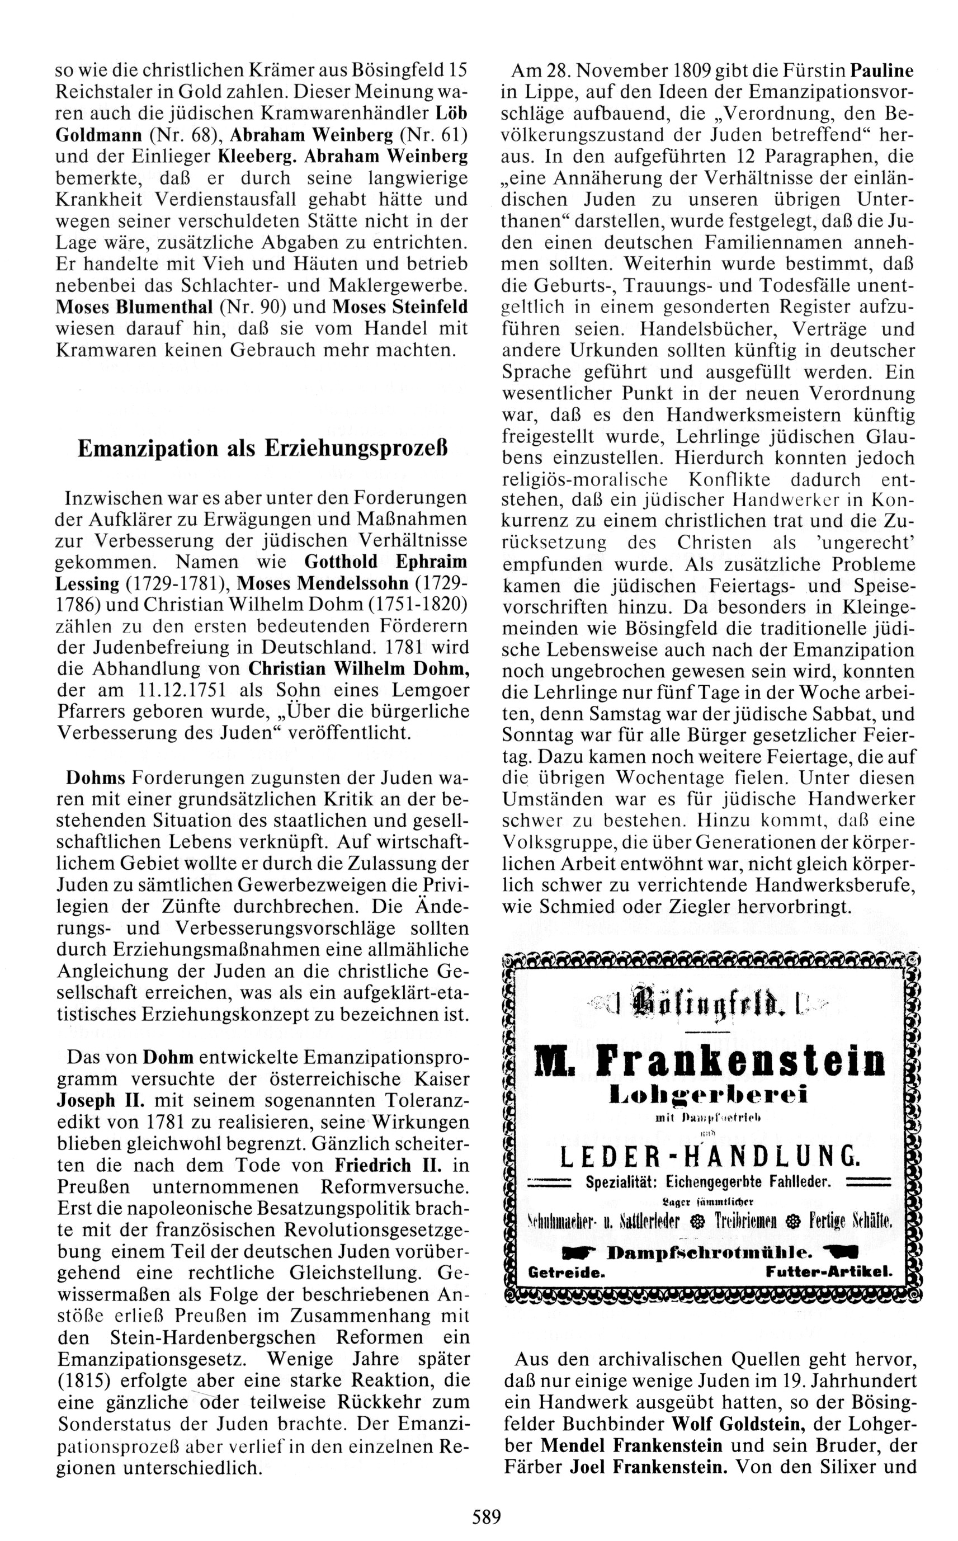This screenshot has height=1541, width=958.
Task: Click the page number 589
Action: pyautogui.click(x=486, y=1516)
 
